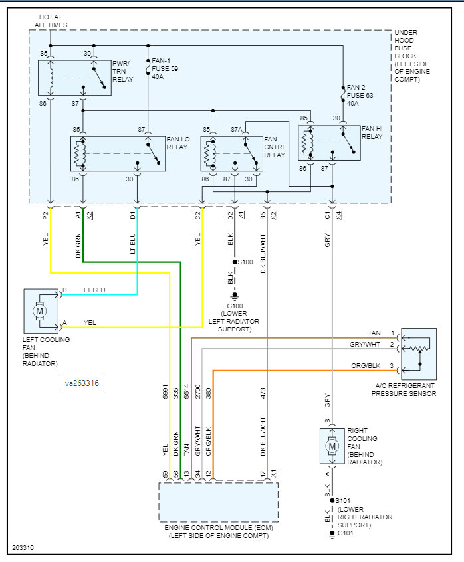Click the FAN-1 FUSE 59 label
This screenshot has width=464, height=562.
click(165, 67)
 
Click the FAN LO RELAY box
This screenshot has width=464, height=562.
click(118, 153)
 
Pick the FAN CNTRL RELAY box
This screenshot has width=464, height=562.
click(231, 153)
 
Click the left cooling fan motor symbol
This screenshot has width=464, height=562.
click(40, 310)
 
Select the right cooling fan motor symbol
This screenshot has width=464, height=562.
click(332, 446)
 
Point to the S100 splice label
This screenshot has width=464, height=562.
click(245, 262)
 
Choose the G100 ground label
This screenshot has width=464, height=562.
click(235, 307)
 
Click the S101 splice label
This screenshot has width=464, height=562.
click(342, 501)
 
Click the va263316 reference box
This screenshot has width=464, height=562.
click(82, 383)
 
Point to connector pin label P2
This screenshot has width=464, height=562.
click(45, 216)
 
